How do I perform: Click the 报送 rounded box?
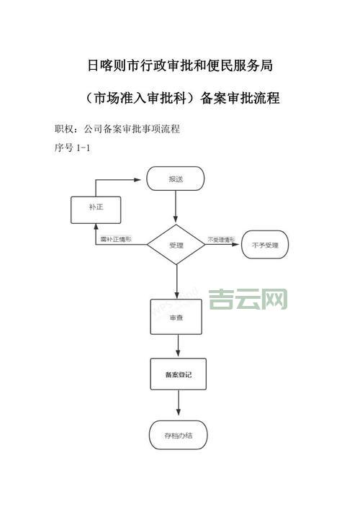pos(176,179)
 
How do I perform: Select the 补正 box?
pos(95,208)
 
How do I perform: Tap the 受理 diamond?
pos(176,246)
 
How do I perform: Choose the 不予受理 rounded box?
pos(264,246)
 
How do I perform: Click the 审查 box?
pos(176,317)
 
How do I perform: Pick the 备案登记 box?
pos(176,376)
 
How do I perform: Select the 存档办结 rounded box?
pos(176,434)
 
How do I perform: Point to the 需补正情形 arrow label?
pos(116,239)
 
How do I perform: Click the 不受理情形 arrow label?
pos(222,239)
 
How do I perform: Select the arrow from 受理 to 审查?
pos(176,281)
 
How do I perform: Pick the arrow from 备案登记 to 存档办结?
pos(176,405)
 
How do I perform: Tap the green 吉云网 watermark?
pos(248,298)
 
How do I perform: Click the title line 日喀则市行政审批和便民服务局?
pos(180,66)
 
